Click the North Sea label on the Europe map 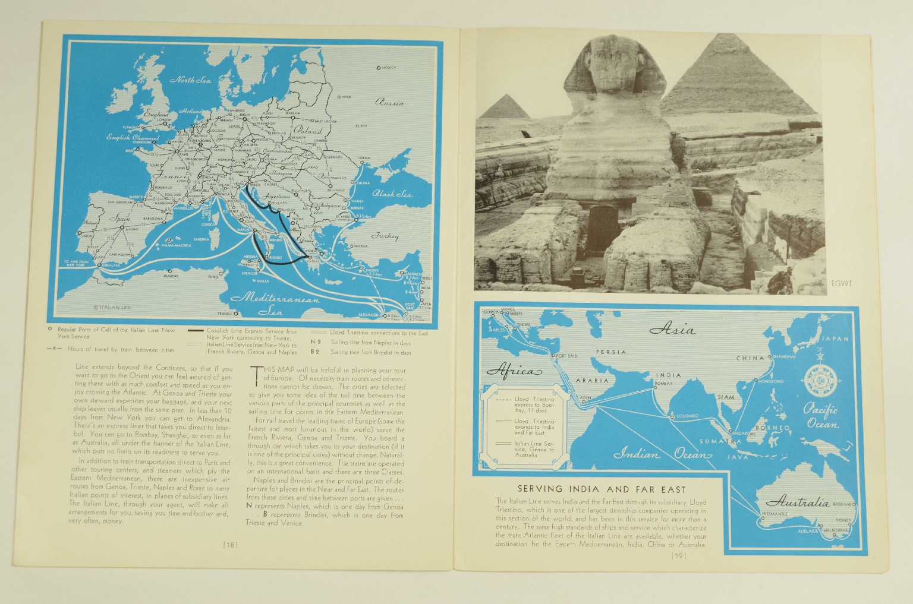click(190, 80)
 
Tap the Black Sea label click(392, 194)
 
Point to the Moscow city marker click(378, 68)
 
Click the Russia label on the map click(389, 102)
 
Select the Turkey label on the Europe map click(385, 236)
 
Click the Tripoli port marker click(235, 313)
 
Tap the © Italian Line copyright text click(113, 307)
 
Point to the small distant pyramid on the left click(503, 107)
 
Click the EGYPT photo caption click(841, 283)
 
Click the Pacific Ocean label click(821, 416)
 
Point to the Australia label click(797, 502)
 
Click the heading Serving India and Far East click(601, 489)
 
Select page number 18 click(230, 545)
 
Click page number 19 click(678, 556)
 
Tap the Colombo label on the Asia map click(687, 416)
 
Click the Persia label click(611, 352)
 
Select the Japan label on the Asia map click(835, 339)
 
